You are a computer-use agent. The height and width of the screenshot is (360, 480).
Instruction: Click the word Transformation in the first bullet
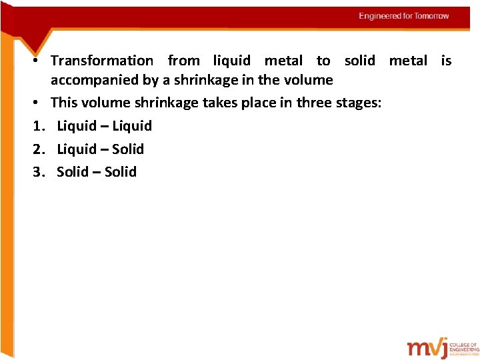click(x=102, y=61)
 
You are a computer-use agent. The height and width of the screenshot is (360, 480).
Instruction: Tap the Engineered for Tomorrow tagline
click(x=403, y=16)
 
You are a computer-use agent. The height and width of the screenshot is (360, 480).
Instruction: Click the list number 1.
click(x=37, y=126)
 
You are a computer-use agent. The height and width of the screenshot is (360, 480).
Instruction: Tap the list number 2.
click(x=37, y=149)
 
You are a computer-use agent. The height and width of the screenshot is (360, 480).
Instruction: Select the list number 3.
click(x=37, y=172)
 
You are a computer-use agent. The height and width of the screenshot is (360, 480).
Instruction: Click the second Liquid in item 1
click(x=132, y=126)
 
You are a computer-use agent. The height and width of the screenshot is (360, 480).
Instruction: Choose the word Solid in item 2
click(x=128, y=149)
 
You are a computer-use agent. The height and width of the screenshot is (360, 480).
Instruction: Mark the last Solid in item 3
click(x=121, y=172)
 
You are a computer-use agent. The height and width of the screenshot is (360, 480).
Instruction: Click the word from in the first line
click(x=183, y=61)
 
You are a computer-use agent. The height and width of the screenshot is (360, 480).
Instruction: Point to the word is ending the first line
click(x=446, y=61)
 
